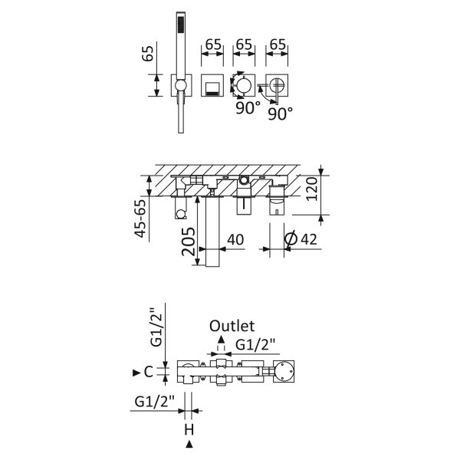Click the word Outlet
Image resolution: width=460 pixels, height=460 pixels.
tap(232, 326)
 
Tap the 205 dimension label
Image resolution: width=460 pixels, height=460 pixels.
tap(189, 242)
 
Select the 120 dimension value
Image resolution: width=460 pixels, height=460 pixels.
tap(312, 189)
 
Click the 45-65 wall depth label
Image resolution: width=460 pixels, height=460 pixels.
tap(140, 219)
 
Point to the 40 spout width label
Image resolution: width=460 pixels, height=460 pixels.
tap(235, 240)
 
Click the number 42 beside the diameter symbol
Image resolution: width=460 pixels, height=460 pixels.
tap(309, 239)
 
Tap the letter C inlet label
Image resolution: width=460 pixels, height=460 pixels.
tap(149, 372)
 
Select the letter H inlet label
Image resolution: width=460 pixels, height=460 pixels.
tap(189, 430)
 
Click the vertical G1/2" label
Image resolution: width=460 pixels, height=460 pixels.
tap(156, 327)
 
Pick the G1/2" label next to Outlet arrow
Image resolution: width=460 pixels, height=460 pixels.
tap(255, 344)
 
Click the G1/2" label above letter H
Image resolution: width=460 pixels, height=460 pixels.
tap(155, 401)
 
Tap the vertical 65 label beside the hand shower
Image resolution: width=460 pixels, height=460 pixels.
tap(147, 54)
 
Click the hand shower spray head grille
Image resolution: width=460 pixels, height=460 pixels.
tap(181, 28)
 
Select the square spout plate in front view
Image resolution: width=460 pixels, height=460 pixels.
tap(212, 85)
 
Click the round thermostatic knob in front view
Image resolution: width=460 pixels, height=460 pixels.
tap(244, 85)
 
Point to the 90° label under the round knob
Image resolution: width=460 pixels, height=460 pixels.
tap(248, 108)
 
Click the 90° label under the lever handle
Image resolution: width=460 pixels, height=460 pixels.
tap(281, 113)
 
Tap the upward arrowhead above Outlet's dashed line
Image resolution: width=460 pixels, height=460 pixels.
tap(221, 340)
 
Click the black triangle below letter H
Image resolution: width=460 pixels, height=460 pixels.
tap(189, 445)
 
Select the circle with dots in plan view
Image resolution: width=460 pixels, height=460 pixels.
tap(284, 371)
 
